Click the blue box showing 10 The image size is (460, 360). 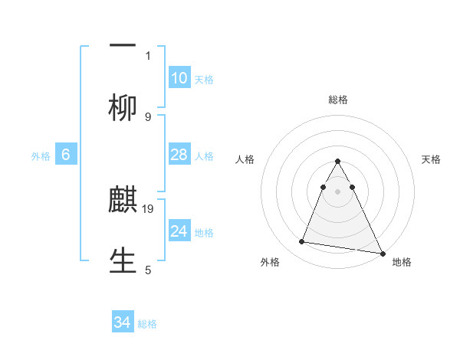coord(179,78)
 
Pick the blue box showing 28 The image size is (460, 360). coord(179,155)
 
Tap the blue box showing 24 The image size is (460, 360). coord(179,231)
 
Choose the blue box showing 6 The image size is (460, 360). coord(66,155)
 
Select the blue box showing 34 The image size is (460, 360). coord(123,322)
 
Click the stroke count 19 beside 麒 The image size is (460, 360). coord(149,208)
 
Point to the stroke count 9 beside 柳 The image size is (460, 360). coord(148,116)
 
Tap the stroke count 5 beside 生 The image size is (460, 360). coord(148,270)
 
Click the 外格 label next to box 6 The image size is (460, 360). coord(41,156)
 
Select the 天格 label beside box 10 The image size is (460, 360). coord(204,80)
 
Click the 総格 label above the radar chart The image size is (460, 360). coord(337,100)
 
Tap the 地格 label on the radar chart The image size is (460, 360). coord(402,262)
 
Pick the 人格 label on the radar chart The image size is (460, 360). coord(245,159)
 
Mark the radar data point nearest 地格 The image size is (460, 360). coord(382,254)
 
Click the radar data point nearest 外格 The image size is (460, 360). coord(302,242)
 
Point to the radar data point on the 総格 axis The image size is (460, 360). coord(337,162)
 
